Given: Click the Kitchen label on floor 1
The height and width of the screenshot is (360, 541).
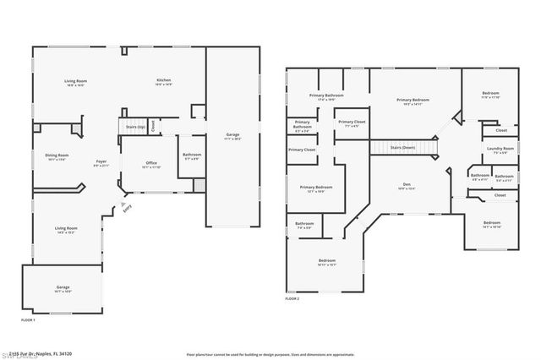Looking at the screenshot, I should [164, 82].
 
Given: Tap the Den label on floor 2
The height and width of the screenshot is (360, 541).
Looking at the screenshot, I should [406, 187].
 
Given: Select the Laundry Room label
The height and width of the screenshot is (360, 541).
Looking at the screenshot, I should [500, 150].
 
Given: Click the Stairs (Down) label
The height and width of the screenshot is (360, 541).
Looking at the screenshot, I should [402, 147].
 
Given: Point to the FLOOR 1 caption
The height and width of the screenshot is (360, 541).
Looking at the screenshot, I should [29, 320].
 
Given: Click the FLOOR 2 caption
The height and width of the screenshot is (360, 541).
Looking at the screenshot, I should [292, 299].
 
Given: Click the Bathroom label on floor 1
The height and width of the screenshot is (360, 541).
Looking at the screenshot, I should [191, 155].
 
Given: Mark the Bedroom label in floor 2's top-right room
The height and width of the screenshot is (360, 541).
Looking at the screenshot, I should [491, 95].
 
